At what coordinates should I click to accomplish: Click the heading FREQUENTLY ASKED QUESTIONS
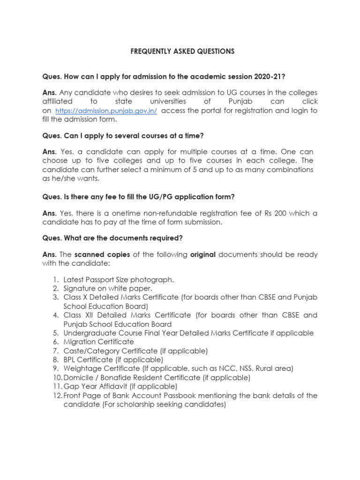click(x=182, y=52)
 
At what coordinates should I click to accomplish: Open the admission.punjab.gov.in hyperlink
click(x=106, y=111)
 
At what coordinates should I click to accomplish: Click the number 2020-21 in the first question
click(x=268, y=76)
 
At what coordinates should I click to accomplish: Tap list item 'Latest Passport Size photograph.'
click(x=119, y=280)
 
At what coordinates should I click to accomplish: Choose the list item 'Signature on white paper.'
click(x=108, y=289)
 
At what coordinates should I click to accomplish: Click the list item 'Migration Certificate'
click(x=98, y=342)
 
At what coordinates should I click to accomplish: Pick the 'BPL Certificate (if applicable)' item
click(x=113, y=360)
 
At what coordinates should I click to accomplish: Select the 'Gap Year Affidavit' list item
click(x=120, y=387)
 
